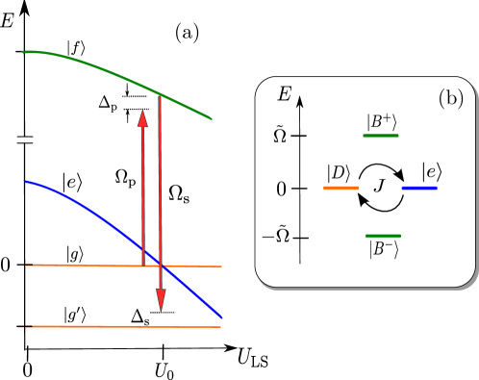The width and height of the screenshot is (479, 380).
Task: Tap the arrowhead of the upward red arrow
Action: coord(142,118)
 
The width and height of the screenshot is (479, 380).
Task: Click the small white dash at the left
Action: coord(25,140)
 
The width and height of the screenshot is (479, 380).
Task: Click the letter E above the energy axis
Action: coord(284,94)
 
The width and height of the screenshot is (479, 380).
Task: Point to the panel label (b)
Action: coord(450,98)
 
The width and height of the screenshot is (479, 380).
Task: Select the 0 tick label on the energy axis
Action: coord(281,189)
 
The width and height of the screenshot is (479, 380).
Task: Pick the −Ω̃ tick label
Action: coord(274,238)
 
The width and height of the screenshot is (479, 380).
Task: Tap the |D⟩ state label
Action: coord(339,173)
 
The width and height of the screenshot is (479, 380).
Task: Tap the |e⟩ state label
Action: coord(429,173)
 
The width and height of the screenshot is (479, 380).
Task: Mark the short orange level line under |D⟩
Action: coord(340,189)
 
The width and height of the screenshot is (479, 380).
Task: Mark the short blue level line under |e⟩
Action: coord(419,189)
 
